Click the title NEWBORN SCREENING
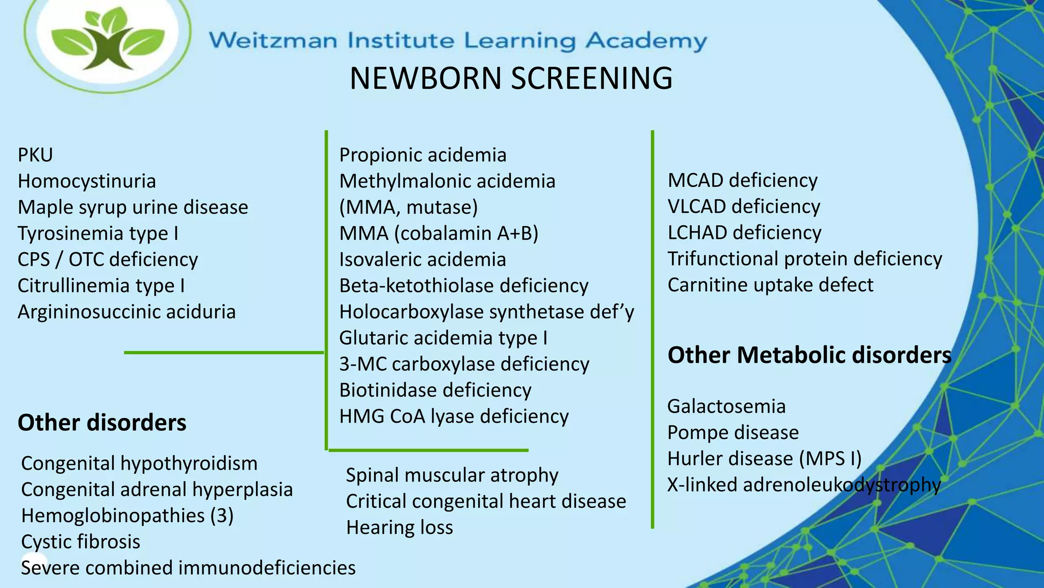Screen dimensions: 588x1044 coord(511,79)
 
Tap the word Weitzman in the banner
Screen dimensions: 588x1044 coord(273,40)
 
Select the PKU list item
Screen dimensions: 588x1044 coord(35,155)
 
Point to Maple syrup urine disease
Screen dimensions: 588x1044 coord(133,207)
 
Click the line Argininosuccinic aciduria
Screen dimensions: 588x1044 coord(126,312)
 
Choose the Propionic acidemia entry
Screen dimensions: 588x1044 coord(423,155)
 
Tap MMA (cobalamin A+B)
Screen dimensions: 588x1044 coord(438,233)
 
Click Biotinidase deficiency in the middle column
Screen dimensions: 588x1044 coord(435,390)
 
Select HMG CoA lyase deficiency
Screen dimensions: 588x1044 coord(454,416)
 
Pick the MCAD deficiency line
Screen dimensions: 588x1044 coord(742,181)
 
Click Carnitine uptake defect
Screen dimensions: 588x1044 coord(770,285)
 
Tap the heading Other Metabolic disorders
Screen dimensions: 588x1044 coord(809,355)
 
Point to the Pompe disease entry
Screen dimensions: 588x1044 coord(733,432)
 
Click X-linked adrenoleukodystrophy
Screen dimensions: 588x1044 coord(803,484)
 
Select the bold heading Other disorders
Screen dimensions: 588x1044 coord(102,423)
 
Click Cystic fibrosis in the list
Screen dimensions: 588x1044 coord(81,542)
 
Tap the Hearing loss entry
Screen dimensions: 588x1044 coord(399,527)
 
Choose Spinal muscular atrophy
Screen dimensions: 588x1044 coord(452,475)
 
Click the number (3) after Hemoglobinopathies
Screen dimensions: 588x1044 coord(222,516)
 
